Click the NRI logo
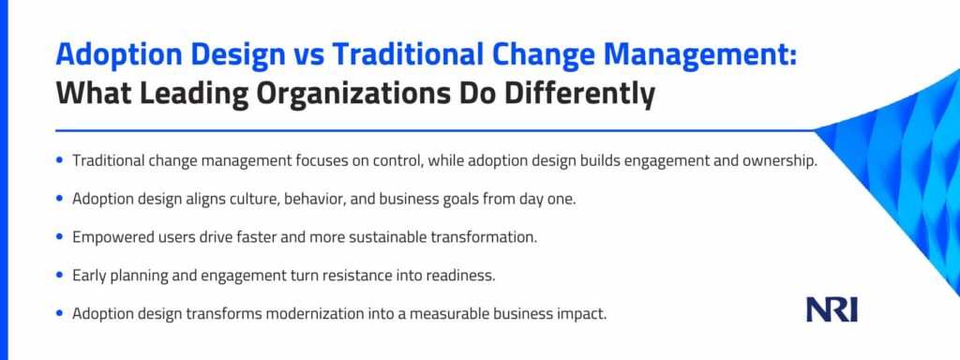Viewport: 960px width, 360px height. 832,310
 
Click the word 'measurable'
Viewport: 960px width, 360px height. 441,313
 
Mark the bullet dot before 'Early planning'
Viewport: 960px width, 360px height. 59,276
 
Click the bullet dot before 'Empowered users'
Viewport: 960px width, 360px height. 59,237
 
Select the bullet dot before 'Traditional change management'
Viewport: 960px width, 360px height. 59,161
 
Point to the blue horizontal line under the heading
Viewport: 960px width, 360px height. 435,130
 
